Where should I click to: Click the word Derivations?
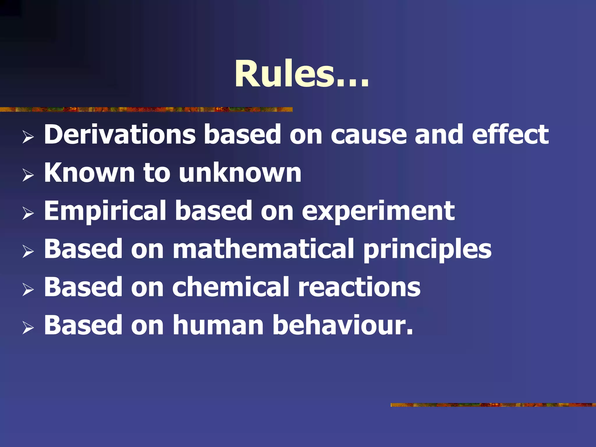coord(120,134)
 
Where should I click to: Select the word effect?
coord(510,134)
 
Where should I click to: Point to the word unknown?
coord(240,173)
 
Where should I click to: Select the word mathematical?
coord(263,249)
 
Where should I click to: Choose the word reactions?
coord(359,288)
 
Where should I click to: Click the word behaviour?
coord(342,326)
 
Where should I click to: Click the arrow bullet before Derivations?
coord(28,137)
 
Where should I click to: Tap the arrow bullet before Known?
coord(28,175)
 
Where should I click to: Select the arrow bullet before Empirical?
coord(28,214)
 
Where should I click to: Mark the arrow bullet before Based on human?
coord(28,328)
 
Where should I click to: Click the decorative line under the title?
coord(146,109)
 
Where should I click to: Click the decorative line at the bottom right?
coord(493,405)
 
